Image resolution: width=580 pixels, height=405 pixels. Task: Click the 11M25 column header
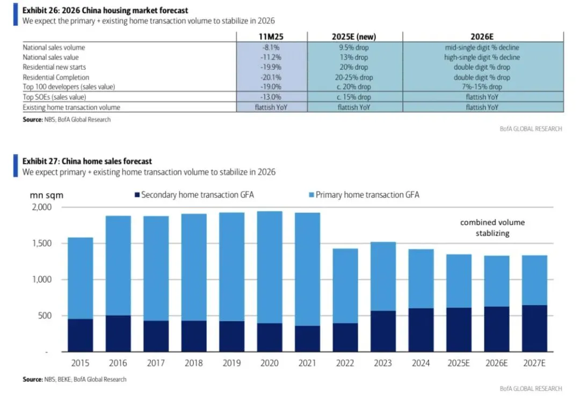click(272, 37)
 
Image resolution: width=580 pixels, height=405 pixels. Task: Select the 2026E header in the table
click(482, 37)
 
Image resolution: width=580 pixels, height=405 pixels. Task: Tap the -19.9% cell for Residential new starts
click(272, 67)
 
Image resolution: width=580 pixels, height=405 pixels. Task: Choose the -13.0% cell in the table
click(272, 97)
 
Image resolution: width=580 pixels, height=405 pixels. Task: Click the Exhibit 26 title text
click(105, 11)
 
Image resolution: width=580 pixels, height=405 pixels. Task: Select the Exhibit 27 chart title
click(87, 161)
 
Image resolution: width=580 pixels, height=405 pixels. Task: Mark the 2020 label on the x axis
click(270, 363)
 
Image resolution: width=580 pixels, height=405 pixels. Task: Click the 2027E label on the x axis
click(535, 363)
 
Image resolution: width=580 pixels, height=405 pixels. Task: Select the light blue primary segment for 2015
click(81, 278)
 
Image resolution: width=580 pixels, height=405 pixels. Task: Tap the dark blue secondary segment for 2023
click(383, 331)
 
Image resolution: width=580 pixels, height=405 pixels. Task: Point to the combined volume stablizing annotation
click(492, 227)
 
